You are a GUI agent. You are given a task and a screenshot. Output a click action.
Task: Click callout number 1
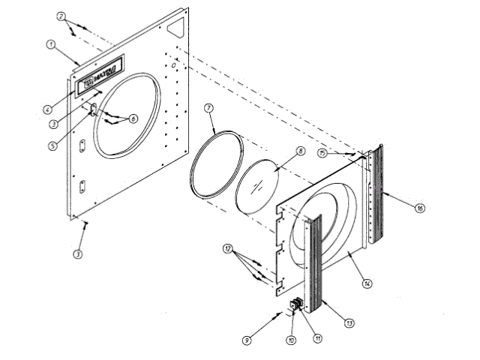[50, 44]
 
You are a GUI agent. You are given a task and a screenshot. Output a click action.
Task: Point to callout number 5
[51, 145]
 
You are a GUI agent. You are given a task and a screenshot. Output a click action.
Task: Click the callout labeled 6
[133, 118]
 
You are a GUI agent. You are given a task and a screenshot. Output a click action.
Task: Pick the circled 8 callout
[299, 151]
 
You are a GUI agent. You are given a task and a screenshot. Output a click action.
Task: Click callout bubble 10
[292, 340]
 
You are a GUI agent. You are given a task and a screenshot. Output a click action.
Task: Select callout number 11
[318, 339]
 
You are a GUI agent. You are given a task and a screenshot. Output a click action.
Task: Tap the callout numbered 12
[228, 247]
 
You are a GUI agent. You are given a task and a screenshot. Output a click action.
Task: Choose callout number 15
[321, 153]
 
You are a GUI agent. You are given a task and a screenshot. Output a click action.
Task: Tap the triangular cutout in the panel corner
[177, 27]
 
